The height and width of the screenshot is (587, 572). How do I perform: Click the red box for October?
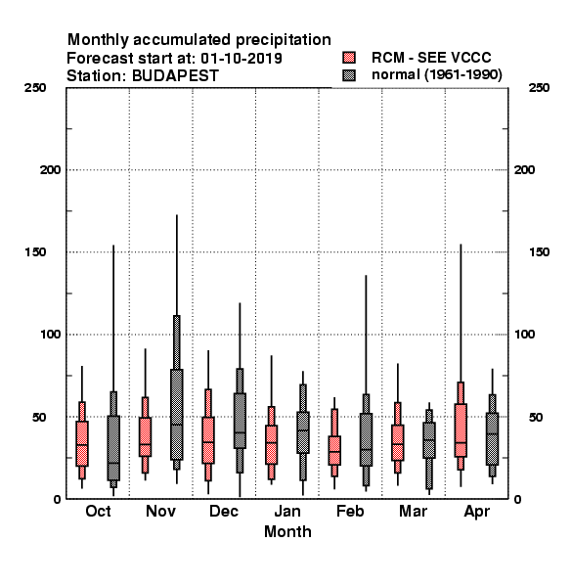(82, 443)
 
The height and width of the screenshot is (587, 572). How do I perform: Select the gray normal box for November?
(177, 415)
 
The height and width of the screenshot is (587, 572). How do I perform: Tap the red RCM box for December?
(208, 440)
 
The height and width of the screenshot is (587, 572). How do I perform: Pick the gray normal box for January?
(303, 432)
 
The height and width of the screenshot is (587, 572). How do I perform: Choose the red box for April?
(461, 430)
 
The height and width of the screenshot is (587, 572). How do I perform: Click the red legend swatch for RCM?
(349, 58)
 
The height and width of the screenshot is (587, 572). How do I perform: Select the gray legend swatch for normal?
(349, 75)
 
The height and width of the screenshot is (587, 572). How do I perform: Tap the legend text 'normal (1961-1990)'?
(436, 75)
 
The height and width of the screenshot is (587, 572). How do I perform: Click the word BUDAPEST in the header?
(175, 76)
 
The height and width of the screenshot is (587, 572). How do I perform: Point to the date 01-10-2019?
(242, 59)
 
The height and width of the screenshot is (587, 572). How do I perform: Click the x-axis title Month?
(287, 531)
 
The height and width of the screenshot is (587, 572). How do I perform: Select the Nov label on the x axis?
(161, 511)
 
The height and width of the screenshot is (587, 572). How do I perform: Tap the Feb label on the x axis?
(350, 511)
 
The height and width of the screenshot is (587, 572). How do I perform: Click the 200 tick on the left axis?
(50, 170)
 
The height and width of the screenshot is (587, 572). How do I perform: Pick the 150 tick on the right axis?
(539, 252)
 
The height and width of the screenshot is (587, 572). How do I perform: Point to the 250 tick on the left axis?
(35, 88)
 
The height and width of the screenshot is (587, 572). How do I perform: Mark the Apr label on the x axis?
(476, 512)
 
